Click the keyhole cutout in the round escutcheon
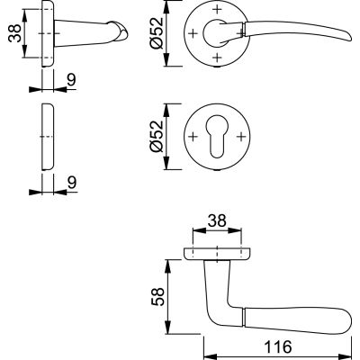click(x=216, y=139)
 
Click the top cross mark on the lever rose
click(x=217, y=10)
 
